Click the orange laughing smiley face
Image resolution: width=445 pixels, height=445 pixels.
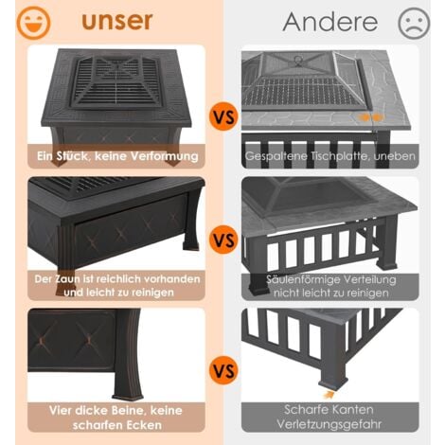[33, 23]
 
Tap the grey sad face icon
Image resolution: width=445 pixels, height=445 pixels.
[414, 23]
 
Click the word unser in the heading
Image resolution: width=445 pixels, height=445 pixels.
[117, 21]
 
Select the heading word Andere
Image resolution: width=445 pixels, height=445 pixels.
[330, 22]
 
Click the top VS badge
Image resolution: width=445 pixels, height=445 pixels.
[223, 117]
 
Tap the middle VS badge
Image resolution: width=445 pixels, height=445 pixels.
[223, 240]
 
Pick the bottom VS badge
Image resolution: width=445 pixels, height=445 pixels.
[223, 370]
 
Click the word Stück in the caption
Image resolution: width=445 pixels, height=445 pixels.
[73, 156]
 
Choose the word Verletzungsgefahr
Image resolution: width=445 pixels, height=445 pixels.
[329, 424]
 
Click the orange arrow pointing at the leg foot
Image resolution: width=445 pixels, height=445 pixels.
[329, 395]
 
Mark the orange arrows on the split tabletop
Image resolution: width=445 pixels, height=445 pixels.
[371, 117]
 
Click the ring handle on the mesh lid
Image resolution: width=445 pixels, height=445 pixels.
[298, 60]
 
